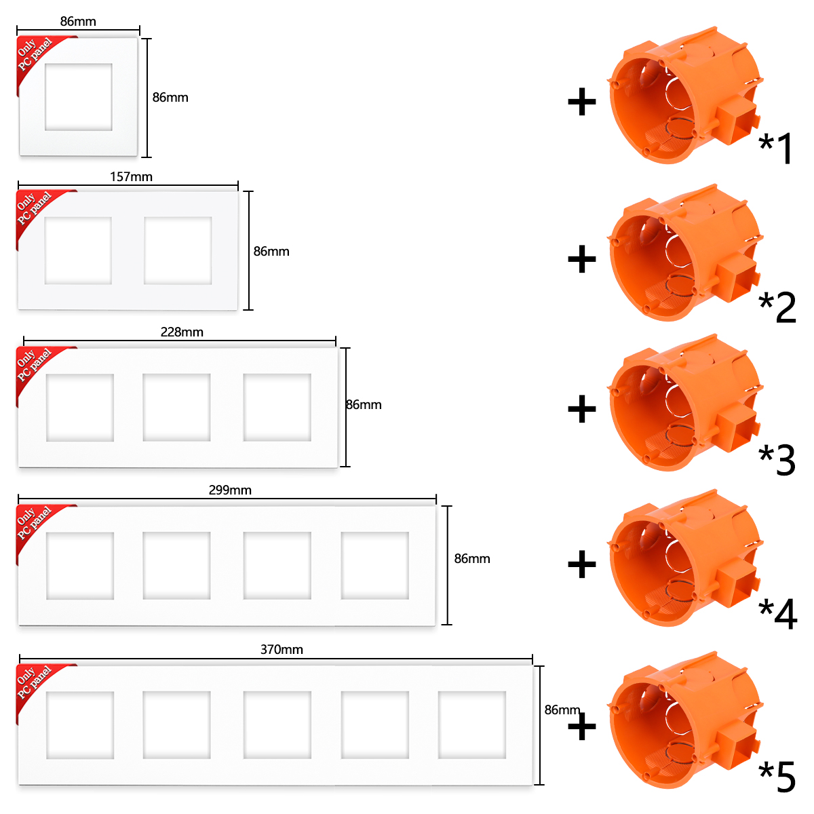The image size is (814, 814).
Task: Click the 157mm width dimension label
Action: click(131, 177)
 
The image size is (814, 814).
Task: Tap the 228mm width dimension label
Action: click(182, 332)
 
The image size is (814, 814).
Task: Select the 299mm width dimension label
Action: click(230, 490)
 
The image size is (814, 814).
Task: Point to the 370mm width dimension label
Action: click(282, 649)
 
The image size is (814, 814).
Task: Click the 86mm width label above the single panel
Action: click(78, 22)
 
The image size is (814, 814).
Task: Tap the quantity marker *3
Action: click(777, 460)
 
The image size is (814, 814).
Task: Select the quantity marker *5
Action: click(777, 777)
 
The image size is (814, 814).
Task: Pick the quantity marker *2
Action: click(777, 307)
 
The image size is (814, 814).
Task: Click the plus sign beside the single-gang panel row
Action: click(581, 102)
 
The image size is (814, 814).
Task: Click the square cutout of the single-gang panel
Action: click(79, 97)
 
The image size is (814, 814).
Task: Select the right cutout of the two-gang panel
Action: click(178, 250)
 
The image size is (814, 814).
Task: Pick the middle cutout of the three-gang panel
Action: click(176, 407)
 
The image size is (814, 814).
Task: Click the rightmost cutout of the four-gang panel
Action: click(374, 566)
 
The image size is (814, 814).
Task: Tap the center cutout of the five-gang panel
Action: click(277, 724)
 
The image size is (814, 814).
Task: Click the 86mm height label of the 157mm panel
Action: click(271, 252)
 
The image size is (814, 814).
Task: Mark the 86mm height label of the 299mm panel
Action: click(472, 559)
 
